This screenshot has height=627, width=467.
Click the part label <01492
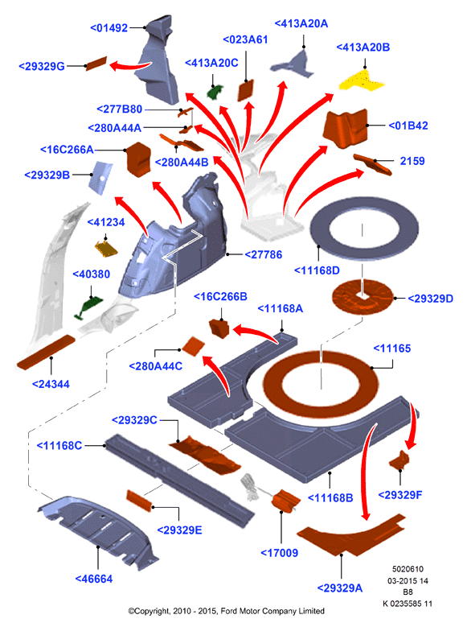pos(109,28)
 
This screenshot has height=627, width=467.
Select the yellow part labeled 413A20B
pos(362,80)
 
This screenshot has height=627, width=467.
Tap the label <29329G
pos(42,66)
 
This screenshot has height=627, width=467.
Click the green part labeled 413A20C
pos(215,92)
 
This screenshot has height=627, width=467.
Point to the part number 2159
pos(412,161)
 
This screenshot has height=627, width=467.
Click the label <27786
pos(264,254)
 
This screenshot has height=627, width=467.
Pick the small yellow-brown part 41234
pos(106,248)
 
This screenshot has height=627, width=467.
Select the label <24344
pos(51,384)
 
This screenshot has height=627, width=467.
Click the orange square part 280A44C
pos(194,345)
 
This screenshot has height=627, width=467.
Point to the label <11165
pos(392,349)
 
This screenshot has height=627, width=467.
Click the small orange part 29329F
pos(399,460)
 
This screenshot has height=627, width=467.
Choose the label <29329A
pos(340,588)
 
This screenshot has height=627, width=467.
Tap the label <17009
pos(279,553)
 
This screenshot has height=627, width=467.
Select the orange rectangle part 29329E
pos(139,501)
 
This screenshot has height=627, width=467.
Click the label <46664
pos(94,579)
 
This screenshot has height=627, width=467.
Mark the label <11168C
pos(59,445)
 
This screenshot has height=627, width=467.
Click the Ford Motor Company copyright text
pos(226,611)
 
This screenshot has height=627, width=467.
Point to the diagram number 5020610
pos(408,569)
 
